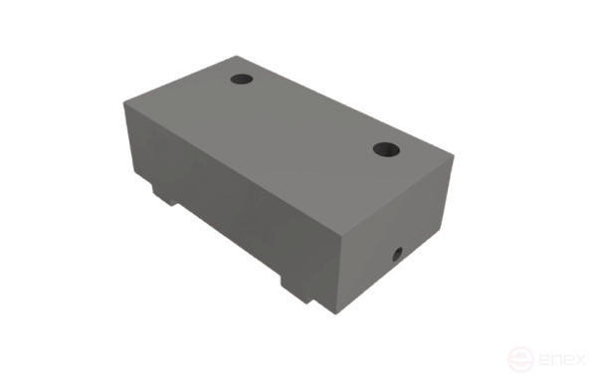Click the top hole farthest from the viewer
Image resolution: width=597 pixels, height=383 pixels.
point(242,80)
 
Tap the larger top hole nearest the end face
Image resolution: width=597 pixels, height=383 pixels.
point(386,149)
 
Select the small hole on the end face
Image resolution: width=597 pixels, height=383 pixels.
point(397,255)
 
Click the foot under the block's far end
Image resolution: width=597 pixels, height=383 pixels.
point(165,195)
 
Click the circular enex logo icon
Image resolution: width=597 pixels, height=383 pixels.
point(520,359)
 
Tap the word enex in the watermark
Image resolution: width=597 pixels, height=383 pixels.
point(562,359)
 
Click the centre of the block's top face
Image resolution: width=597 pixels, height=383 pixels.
point(289,143)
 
